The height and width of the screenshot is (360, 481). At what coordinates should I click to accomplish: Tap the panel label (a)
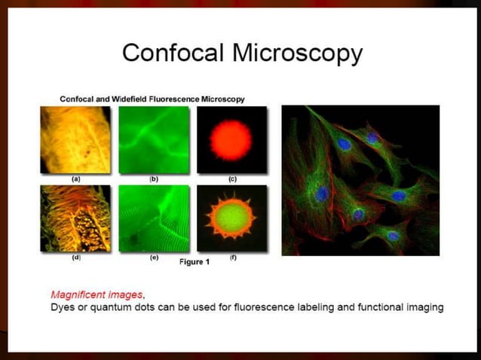(75, 179)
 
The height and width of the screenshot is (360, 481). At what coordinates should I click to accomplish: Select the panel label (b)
(153, 179)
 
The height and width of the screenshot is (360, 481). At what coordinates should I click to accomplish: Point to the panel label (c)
(231, 179)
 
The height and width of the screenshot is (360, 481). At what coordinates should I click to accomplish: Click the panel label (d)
(75, 258)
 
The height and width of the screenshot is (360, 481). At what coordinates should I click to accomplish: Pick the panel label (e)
(153, 258)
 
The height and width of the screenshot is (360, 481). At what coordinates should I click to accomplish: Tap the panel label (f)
(231, 258)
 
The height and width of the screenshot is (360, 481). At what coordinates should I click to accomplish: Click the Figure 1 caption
(195, 262)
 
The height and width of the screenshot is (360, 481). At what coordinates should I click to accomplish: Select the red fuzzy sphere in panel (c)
(231, 140)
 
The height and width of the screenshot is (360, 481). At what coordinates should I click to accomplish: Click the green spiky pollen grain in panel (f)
(231, 218)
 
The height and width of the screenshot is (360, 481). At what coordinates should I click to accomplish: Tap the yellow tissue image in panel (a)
(75, 140)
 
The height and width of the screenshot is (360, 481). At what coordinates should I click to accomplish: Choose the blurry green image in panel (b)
(153, 140)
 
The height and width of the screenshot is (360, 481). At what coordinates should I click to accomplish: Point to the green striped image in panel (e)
(153, 218)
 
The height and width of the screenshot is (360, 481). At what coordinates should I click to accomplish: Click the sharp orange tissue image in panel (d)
(75, 218)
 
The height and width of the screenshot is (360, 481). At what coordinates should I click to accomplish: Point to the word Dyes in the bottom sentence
(63, 307)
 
